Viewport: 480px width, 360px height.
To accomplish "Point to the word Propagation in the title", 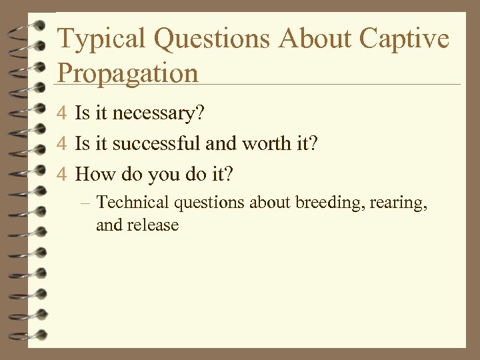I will coord(128,72).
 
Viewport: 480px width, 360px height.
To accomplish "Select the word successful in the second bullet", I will coord(158,145).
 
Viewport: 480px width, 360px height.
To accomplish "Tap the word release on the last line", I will coord(154,225).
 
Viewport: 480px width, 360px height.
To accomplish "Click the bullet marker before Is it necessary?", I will coord(63,114).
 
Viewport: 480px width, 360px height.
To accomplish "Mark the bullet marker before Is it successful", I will coord(63,145).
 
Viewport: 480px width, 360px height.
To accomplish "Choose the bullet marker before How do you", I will coord(63,175).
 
